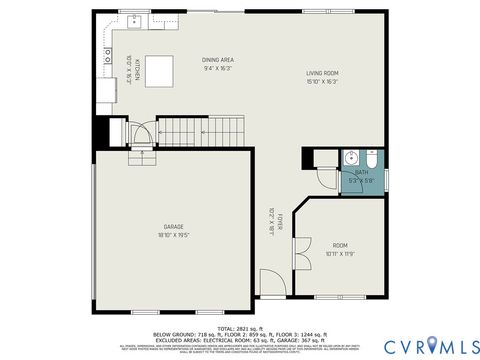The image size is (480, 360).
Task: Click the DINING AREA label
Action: click(x=218, y=60)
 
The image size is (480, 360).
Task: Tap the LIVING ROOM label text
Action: click(x=322, y=73)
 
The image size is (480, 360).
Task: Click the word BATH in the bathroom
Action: click(x=361, y=172)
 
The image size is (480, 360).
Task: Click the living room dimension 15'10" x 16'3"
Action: click(x=322, y=82)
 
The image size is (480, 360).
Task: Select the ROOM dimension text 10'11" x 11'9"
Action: click(x=340, y=254)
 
